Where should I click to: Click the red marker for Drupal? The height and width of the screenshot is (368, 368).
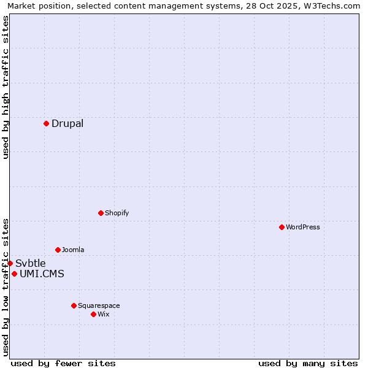pyautogui.click(x=46, y=123)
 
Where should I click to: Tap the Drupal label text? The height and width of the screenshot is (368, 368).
pyautogui.click(x=67, y=123)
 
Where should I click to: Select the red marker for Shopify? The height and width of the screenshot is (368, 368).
pyautogui.click(x=101, y=213)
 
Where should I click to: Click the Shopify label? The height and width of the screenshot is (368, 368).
pyautogui.click(x=117, y=213)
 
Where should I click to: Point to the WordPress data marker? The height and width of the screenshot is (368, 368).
pyautogui.click(x=282, y=227)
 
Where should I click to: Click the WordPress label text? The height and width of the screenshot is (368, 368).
pyautogui.click(x=303, y=227)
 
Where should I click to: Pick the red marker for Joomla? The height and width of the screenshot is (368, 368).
pyautogui.click(x=58, y=250)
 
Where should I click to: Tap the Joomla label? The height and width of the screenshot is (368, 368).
pyautogui.click(x=73, y=250)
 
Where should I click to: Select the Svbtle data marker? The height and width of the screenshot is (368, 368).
pyautogui.click(x=10, y=263)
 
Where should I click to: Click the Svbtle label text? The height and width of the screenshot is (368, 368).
pyautogui.click(x=31, y=263)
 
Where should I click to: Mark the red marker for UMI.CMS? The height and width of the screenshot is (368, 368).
pyautogui.click(x=14, y=274)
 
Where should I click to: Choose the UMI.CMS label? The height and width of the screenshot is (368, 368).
pyautogui.click(x=42, y=274)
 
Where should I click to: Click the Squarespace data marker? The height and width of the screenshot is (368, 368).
pyautogui.click(x=74, y=305)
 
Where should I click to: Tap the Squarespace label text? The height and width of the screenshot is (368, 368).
pyautogui.click(x=99, y=305)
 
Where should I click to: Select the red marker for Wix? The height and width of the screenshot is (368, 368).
pyautogui.click(x=93, y=314)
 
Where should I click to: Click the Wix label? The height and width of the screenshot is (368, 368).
pyautogui.click(x=104, y=314)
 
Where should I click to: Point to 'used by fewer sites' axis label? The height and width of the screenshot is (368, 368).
pyautogui.click(x=63, y=363)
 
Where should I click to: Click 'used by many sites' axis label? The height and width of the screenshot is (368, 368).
pyautogui.click(x=308, y=363)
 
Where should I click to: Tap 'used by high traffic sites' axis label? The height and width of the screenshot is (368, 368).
pyautogui.click(x=6, y=87)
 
